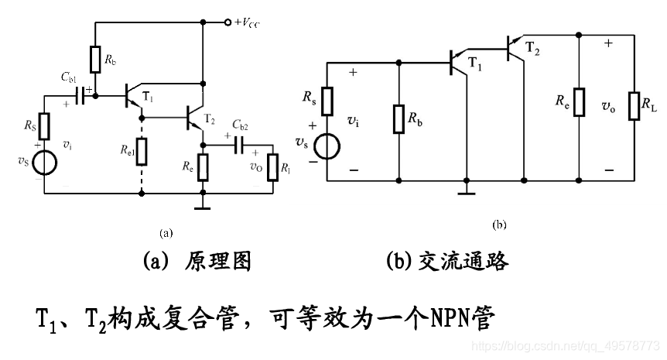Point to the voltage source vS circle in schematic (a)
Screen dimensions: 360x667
click(44, 163)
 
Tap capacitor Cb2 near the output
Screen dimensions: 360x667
click(239, 144)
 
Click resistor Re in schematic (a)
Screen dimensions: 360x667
click(203, 166)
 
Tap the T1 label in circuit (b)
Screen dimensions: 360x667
click(475, 67)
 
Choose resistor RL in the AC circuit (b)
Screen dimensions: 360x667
click(635, 104)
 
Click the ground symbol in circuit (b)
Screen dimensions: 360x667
click(466, 188)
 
